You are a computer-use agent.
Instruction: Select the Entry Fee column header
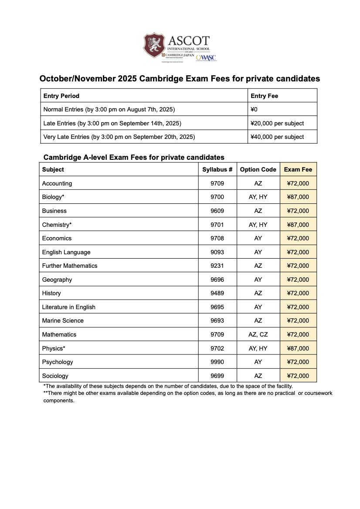click(264, 96)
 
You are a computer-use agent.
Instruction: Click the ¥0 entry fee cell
click(254, 109)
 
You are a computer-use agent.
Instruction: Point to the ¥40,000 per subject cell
click(277, 137)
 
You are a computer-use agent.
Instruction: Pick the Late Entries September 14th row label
click(112, 123)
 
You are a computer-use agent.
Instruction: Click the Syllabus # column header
click(217, 169)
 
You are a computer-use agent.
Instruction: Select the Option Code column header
click(258, 169)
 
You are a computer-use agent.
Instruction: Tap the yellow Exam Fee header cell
click(298, 169)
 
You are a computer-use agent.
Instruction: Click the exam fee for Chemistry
click(298, 225)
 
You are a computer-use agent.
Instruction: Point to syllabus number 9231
click(217, 266)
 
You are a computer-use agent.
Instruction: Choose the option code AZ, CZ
click(258, 334)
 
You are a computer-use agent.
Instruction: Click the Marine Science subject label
click(63, 320)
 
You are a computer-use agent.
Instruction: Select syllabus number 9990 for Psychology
click(217, 362)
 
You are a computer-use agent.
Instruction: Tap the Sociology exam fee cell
click(298, 376)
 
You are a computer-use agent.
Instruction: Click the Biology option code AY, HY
click(258, 197)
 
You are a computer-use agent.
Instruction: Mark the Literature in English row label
click(68, 307)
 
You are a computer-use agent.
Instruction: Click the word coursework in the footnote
click(318, 393)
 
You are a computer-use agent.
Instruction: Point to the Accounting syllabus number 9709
click(217, 183)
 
